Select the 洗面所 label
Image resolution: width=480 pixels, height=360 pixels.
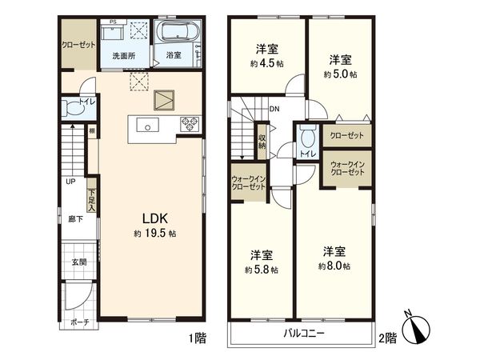click(122, 56)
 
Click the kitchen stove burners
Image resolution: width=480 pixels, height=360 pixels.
click(191, 124)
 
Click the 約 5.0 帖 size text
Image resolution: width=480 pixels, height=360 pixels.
click(340, 74)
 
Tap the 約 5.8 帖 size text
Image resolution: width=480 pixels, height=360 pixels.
click(261, 270)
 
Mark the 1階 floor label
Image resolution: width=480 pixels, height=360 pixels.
click(197, 338)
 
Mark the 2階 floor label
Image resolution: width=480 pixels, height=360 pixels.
click(388, 338)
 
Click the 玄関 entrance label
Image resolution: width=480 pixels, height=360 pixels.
click(78, 262)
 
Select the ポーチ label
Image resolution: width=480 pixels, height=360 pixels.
click(78, 322)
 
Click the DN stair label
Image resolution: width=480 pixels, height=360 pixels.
click(274, 110)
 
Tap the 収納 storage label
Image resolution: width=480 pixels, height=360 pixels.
click(262, 142)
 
